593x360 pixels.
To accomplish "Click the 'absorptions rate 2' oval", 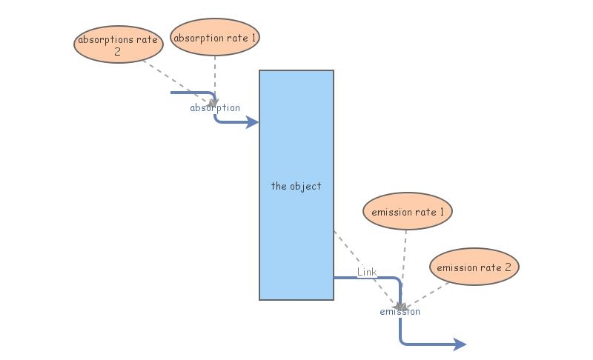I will [118, 44].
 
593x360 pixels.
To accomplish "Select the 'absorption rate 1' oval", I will [215, 37].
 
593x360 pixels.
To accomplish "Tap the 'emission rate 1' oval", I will [408, 212].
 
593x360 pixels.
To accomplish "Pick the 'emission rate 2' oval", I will [474, 267].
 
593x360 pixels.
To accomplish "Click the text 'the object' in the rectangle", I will [296, 186].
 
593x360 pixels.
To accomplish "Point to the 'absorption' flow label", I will [215, 108].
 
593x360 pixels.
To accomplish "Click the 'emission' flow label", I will [400, 312].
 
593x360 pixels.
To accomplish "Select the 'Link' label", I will [367, 273].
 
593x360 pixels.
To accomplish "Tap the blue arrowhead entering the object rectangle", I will [252, 122].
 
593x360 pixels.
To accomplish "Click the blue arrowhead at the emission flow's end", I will [460, 344].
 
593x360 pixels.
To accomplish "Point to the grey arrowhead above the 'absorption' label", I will [214, 101].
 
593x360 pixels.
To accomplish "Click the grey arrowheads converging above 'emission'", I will [400, 305].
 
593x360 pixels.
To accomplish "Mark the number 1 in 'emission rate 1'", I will [442, 212].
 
